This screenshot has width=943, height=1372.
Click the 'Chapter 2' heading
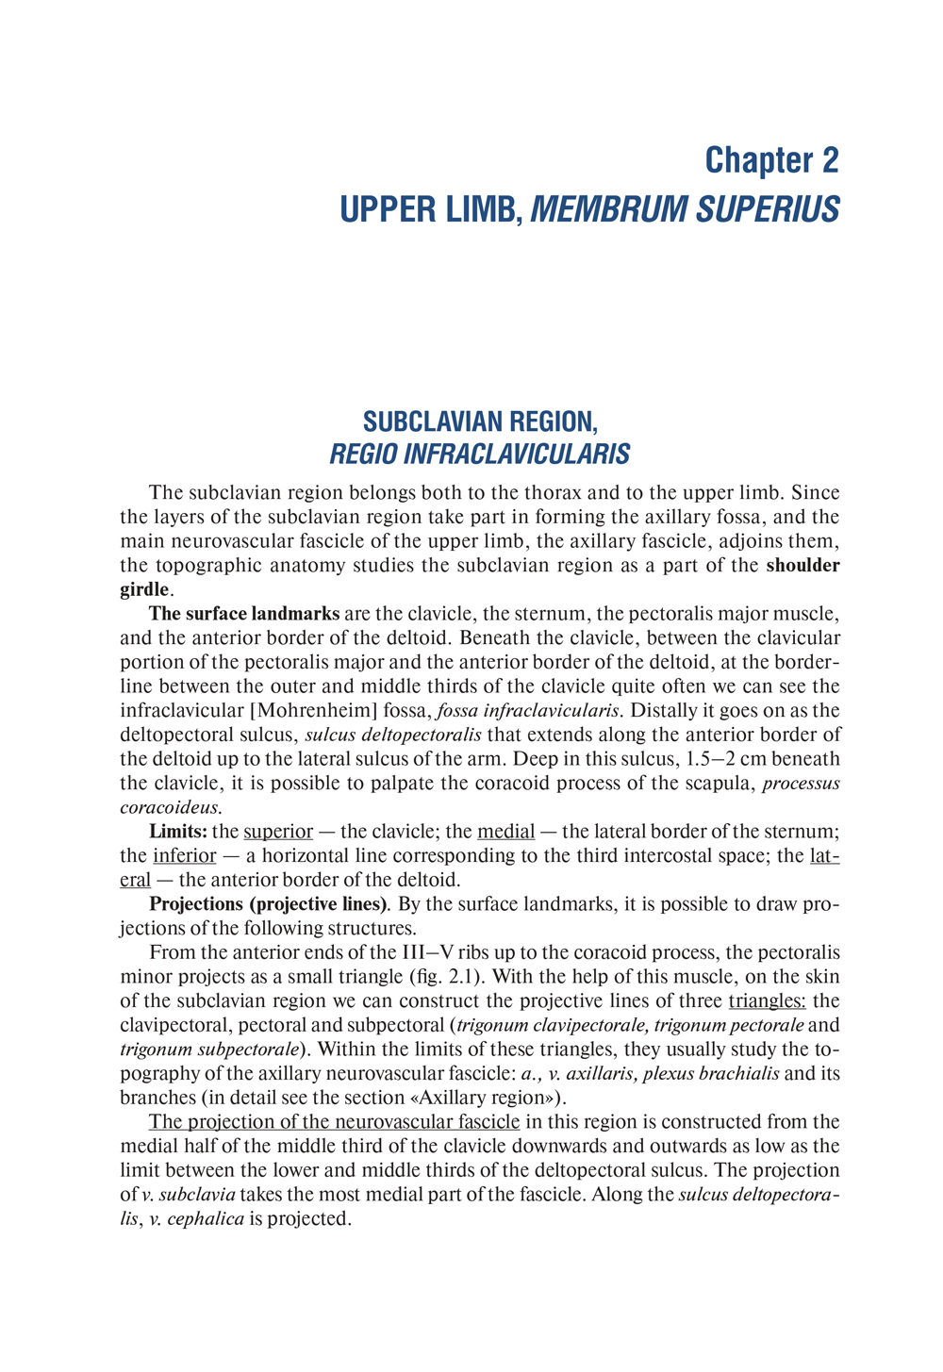click(x=770, y=160)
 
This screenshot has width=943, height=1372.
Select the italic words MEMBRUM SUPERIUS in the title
click(x=685, y=209)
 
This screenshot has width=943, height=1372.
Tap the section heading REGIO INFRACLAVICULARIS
click(x=479, y=455)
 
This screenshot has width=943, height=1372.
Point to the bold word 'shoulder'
click(x=802, y=566)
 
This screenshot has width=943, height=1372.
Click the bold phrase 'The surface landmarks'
click(x=244, y=614)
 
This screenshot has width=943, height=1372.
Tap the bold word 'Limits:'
click(x=178, y=832)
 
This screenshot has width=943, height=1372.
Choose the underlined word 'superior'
click(x=278, y=832)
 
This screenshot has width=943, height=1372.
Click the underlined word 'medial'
click(x=506, y=832)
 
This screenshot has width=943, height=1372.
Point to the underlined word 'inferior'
click(x=184, y=856)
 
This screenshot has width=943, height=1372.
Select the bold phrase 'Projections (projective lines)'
click(x=269, y=904)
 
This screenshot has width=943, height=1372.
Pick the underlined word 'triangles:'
click(x=767, y=1001)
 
